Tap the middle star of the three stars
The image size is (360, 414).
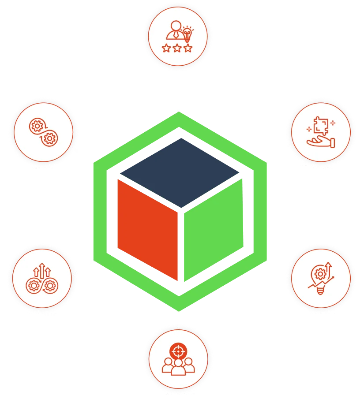coord(177,48)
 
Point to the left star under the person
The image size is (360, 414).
coord(166,48)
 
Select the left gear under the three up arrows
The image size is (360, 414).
coord(34,285)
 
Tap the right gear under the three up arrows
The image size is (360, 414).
coord(50,285)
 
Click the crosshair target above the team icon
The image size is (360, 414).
coord(178,351)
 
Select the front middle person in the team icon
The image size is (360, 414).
coord(178,367)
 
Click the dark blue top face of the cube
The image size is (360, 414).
coord(180,172)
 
